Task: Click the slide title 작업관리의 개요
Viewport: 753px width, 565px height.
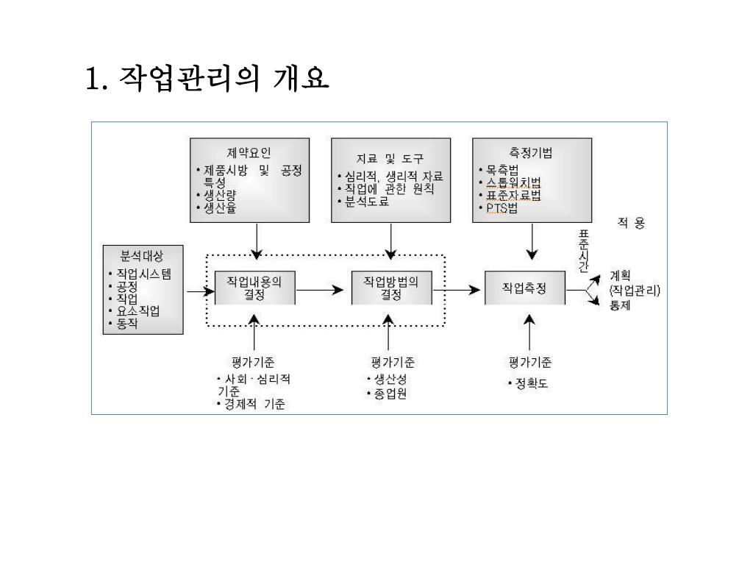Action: click(x=207, y=78)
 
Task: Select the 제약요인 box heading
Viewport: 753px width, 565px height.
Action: click(x=249, y=153)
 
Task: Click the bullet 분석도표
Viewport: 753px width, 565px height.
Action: click(x=366, y=200)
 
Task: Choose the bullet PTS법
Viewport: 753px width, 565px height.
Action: click(x=502, y=208)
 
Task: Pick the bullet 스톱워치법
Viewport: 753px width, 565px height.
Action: click(x=513, y=182)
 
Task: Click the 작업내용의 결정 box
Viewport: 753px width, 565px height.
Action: click(x=254, y=288)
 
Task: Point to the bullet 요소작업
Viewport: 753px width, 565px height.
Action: click(x=138, y=310)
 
